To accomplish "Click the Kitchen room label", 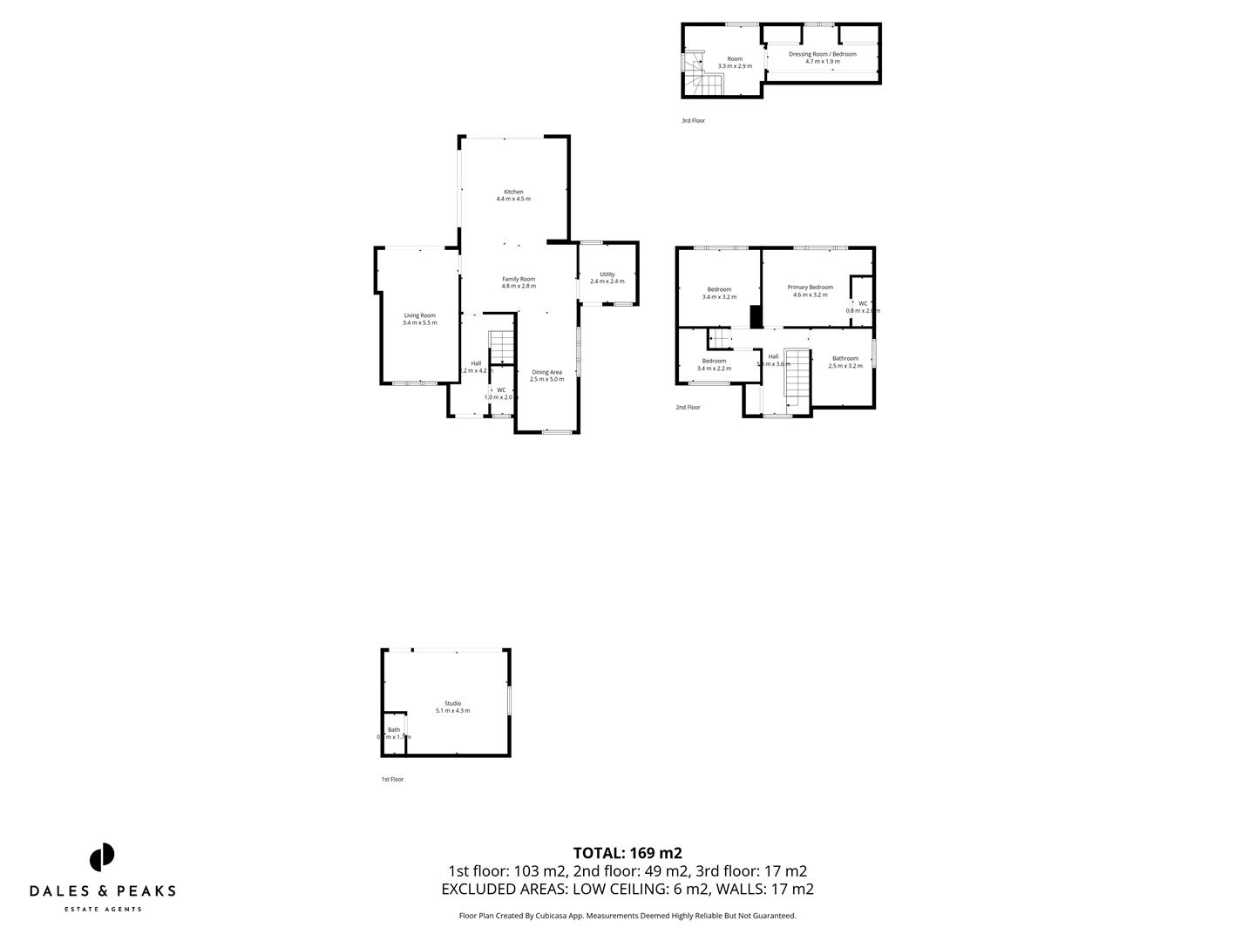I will pos(513,192).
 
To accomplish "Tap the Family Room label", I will pos(519,279).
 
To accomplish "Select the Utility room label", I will pos(607,274).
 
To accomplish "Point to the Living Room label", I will pos(419,315).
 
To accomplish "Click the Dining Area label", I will pos(546,372).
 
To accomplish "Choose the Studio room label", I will pos(452,703).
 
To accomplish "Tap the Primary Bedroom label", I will pos(810,288).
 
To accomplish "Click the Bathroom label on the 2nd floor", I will pos(845,358).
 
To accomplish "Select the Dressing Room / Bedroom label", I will pos(822,54).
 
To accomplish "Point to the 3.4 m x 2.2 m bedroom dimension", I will pos(714,369).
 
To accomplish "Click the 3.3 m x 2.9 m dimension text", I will pos(735,66).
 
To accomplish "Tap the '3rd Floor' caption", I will pos(693,121).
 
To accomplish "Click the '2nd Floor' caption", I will pos(688,407).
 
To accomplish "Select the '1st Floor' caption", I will pos(392,779).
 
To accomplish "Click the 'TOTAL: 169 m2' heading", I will pos(627,853).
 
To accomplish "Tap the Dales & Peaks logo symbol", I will pos(102,856).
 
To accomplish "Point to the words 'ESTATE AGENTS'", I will pos(102,910).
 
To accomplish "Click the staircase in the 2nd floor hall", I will pos(797,376).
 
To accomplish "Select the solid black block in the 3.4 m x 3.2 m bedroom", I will pos(756,315).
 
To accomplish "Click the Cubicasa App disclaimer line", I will pos(627,916).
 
